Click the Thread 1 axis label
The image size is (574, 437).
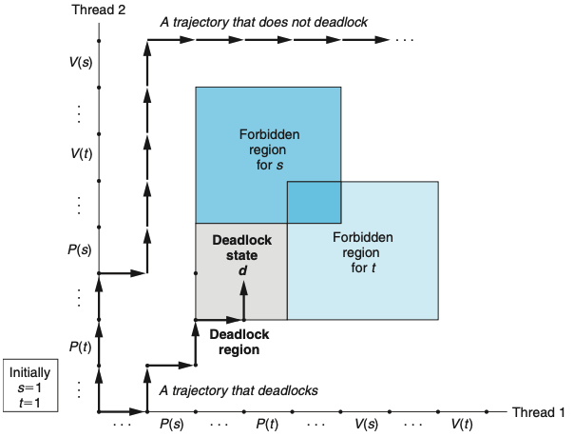(x=538, y=412)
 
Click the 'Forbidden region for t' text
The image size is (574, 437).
(x=362, y=250)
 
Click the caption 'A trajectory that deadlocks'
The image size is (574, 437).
(x=239, y=390)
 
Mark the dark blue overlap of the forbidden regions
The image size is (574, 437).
(x=314, y=201)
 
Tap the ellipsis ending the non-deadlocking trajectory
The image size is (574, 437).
(x=406, y=41)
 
